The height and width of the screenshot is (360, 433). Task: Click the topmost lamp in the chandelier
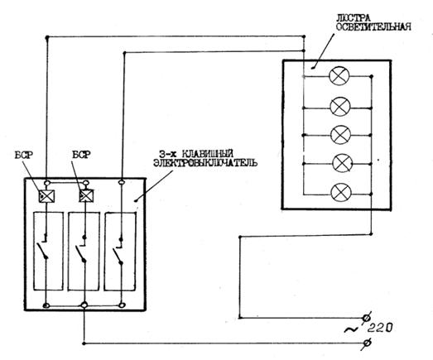[x=339, y=75]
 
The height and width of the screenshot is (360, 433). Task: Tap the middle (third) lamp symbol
[x=341, y=134]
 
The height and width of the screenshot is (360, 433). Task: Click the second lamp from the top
[x=340, y=107]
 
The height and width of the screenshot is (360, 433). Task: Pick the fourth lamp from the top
[x=343, y=163]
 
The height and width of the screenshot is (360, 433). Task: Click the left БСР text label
[x=23, y=155]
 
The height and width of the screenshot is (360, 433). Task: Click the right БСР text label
[x=81, y=155]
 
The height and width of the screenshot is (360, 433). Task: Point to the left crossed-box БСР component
[x=46, y=196]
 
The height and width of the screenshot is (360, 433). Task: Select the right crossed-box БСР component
[x=86, y=196]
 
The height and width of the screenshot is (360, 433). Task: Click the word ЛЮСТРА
[x=353, y=18]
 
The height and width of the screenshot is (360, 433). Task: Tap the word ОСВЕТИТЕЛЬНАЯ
[x=373, y=26]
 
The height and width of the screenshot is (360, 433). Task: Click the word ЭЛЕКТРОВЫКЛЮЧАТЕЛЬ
[x=205, y=162]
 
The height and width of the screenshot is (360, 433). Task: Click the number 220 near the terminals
[x=380, y=328]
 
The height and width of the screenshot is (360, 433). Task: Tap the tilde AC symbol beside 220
[x=350, y=329]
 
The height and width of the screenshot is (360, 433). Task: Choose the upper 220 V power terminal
[x=367, y=318]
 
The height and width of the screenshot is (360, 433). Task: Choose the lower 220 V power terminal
[x=367, y=343]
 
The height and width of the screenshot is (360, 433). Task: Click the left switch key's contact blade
[x=42, y=250]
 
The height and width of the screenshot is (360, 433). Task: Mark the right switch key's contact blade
[x=117, y=256]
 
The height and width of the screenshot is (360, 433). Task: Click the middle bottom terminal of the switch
[x=84, y=305]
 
